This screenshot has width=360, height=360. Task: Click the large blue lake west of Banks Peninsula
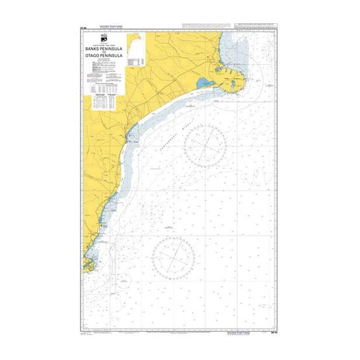pos(202,83)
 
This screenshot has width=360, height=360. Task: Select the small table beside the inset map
pos(136,60)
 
